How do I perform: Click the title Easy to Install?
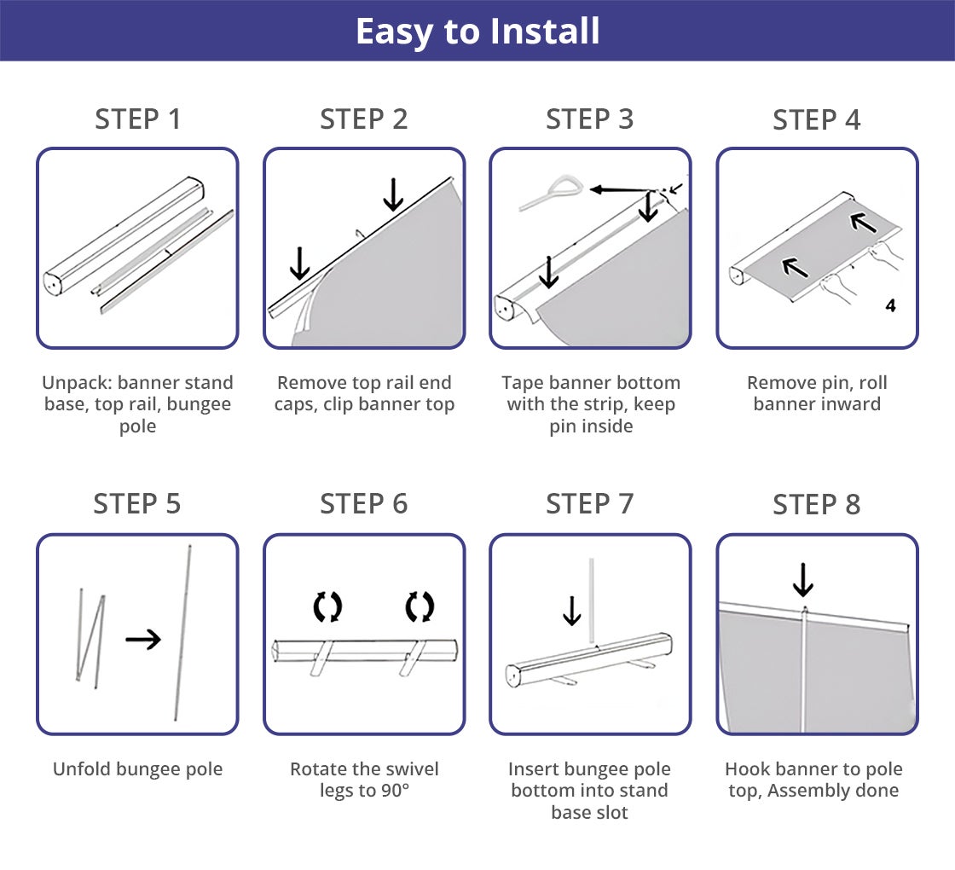pyautogui.click(x=477, y=32)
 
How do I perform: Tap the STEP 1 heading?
pyautogui.click(x=138, y=119)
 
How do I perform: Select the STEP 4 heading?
pyautogui.click(x=816, y=120)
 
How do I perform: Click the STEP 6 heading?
pyautogui.click(x=364, y=504)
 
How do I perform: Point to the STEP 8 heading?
pyautogui.click(x=816, y=505)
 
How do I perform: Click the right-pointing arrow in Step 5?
pyautogui.click(x=142, y=639)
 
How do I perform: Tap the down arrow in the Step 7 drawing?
pyautogui.click(x=571, y=611)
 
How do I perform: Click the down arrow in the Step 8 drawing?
pyautogui.click(x=802, y=580)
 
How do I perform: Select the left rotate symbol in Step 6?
pyautogui.click(x=327, y=607)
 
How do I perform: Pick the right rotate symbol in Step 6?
pyautogui.click(x=420, y=607)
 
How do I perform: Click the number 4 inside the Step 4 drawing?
pyautogui.click(x=890, y=305)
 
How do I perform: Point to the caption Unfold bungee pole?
pyautogui.click(x=138, y=769)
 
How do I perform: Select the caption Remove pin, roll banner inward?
pyautogui.click(x=816, y=393)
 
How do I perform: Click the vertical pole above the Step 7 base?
pyautogui.click(x=590, y=598)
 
